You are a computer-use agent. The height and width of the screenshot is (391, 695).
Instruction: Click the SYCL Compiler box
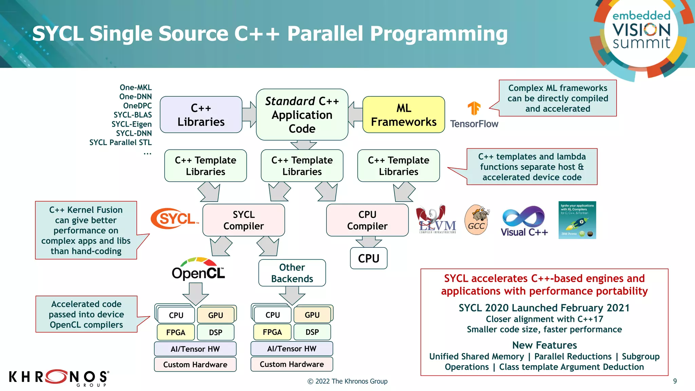(243, 220)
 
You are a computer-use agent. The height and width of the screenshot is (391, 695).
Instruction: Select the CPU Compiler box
(367, 220)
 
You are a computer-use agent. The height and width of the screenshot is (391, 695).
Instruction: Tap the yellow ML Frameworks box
(403, 115)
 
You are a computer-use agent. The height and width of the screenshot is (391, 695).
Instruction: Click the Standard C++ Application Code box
(302, 115)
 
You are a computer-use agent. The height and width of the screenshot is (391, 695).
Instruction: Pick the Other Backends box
(292, 273)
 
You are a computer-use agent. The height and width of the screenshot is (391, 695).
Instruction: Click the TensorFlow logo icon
(474, 109)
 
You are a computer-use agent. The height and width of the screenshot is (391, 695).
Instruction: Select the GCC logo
(476, 220)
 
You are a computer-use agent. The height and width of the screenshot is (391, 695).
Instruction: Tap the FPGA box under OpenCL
(175, 332)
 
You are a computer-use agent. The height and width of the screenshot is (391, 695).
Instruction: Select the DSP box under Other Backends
(312, 332)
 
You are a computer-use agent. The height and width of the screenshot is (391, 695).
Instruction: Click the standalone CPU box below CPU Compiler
(369, 258)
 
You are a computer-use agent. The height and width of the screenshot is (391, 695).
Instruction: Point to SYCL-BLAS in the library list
(133, 115)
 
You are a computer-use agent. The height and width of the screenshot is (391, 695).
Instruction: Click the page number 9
(675, 381)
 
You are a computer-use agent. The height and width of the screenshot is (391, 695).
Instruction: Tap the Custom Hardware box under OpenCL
(195, 365)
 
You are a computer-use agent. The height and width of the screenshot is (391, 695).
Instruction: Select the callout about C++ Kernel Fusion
(86, 230)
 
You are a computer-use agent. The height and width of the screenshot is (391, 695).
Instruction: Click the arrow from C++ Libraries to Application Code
(249, 114)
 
